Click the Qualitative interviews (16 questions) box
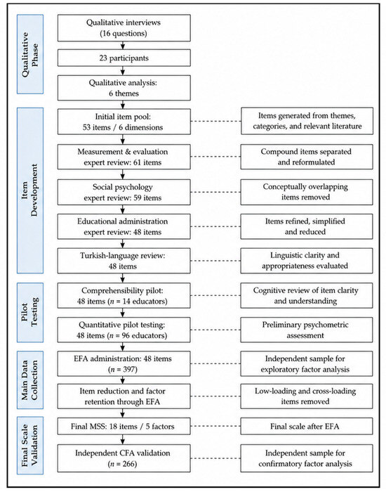tap(124, 28)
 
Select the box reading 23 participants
tap(124, 58)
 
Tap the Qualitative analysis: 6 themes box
tap(124, 88)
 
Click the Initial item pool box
tap(124, 122)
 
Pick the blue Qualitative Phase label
tap(30, 54)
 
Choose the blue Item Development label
tap(30, 190)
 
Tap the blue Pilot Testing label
tap(30, 312)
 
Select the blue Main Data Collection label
tap(30, 380)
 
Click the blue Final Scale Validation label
tap(30, 446)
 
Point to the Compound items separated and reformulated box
tap(307, 157)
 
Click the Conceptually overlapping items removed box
tap(307, 192)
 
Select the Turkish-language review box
tap(124, 261)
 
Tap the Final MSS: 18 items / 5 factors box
tap(124, 426)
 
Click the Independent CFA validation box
tap(124, 458)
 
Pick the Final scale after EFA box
tap(307, 426)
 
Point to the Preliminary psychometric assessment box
tap(307, 330)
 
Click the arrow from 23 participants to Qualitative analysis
tap(123, 70)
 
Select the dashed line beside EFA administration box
tap(215, 363)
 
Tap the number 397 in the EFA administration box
tap(128, 369)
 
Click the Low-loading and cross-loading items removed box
tap(307, 396)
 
